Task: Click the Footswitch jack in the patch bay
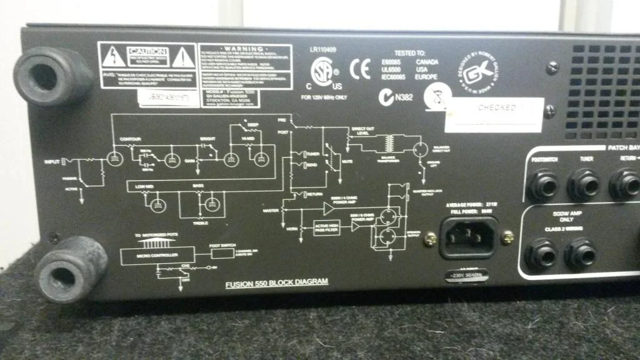(x=541, y=185)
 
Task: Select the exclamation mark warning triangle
(x=182, y=57)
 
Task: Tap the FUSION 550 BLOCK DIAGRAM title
(x=276, y=283)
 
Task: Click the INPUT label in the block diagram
(x=52, y=162)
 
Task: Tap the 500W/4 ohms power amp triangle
(x=329, y=207)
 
